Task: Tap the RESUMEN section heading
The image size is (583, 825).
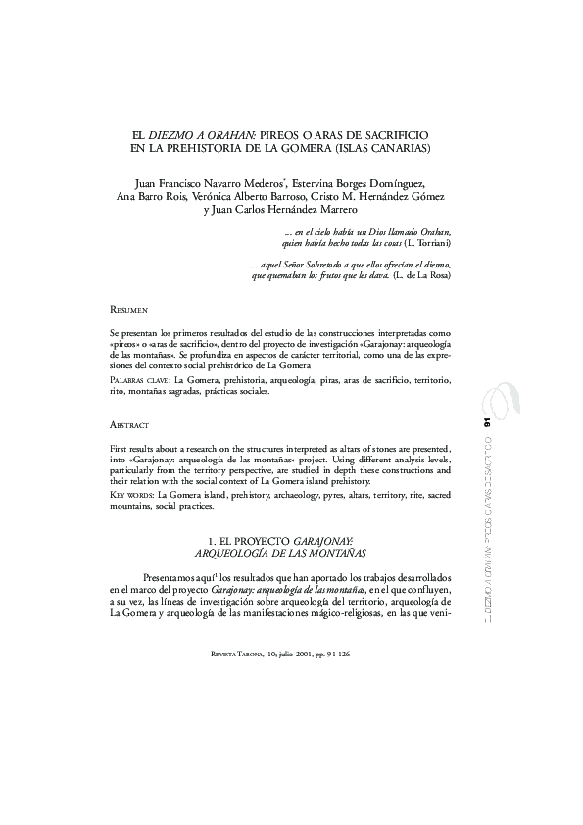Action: pyautogui.click(x=128, y=308)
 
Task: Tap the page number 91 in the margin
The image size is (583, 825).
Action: pyautogui.click(x=486, y=422)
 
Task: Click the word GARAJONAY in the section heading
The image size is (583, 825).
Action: pyautogui.click(x=326, y=541)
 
